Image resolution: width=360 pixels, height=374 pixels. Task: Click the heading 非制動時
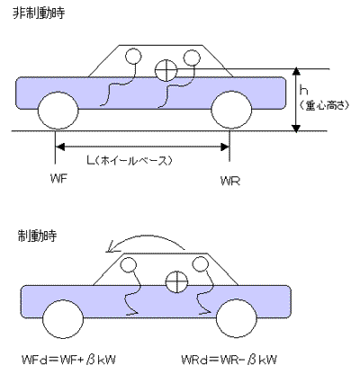(x=39, y=13)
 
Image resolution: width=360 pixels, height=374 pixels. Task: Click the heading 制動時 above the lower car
(x=37, y=236)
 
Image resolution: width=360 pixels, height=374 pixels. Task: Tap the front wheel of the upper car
(x=58, y=111)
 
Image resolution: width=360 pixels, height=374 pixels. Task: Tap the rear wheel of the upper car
(x=231, y=111)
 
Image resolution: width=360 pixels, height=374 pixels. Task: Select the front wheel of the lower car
(x=63, y=319)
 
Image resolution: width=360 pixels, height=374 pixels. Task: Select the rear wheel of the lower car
(x=237, y=319)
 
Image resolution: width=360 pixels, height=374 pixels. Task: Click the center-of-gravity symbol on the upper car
(x=166, y=70)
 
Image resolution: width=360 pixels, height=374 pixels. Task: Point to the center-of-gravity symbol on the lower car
(x=176, y=281)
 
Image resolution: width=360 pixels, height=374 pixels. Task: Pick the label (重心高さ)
(x=324, y=105)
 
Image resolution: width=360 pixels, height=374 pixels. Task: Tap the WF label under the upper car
(x=58, y=180)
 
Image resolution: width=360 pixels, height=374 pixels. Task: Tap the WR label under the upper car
(x=230, y=181)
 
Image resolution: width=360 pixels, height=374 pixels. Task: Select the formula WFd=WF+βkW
(x=68, y=360)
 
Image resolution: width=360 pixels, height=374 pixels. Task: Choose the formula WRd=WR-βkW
(x=229, y=360)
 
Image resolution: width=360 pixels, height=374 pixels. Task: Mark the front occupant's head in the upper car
(x=133, y=57)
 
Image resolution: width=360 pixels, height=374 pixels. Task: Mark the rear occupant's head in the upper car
(x=191, y=58)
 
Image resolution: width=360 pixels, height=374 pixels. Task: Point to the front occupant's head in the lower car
(x=129, y=265)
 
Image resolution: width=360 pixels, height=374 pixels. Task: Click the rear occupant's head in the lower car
(x=200, y=264)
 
